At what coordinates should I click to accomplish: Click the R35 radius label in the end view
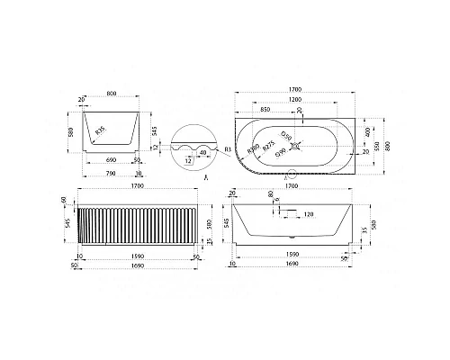100,133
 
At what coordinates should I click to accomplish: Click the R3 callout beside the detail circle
228,150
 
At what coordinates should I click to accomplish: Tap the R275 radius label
269,146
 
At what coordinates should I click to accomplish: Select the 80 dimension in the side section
270,193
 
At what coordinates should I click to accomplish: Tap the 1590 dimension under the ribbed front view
137,257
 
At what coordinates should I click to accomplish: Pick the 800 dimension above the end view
110,93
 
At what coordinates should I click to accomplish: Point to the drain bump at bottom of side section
295,237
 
